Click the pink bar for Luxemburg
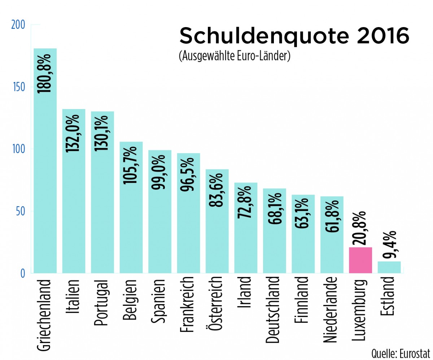360,260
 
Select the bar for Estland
389,267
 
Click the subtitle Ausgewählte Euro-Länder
235,57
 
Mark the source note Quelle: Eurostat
401,352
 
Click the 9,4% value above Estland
389,245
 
